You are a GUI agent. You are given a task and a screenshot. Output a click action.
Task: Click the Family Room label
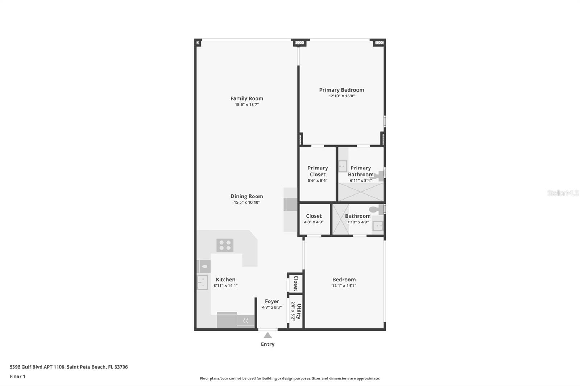tap(247, 98)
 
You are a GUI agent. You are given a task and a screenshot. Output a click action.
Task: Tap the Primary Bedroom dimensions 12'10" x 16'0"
tap(341, 96)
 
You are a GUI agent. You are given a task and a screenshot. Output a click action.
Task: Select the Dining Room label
tap(247, 196)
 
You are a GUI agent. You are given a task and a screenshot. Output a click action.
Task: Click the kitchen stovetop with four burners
tap(225, 245)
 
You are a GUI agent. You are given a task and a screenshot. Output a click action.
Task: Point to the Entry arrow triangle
tap(268, 335)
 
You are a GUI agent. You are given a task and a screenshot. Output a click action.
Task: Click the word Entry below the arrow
tap(268, 344)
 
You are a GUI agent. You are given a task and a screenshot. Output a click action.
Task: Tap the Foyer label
tap(272, 301)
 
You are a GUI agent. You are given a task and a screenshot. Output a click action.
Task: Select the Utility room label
tap(299, 311)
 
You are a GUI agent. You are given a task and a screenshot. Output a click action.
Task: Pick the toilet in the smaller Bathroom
tap(376, 209)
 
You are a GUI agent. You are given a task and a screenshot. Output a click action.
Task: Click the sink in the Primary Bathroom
tap(343, 166)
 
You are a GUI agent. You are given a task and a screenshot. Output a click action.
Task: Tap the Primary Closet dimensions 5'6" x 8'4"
tap(318, 181)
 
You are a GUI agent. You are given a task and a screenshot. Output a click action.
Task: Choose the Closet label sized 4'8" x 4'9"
tap(314, 216)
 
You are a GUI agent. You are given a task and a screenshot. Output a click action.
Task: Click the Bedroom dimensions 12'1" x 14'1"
tap(344, 286)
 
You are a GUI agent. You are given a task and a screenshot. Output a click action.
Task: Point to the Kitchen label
tap(225, 280)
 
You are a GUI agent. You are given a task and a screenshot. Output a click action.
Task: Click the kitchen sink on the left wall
tap(203, 282)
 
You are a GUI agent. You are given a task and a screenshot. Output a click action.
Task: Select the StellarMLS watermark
tap(563, 193)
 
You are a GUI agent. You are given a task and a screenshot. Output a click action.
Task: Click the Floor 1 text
tap(17, 377)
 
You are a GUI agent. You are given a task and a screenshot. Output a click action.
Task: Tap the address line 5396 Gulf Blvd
tap(69, 367)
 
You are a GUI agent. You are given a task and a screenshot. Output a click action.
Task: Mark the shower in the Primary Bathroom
tap(361, 192)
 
